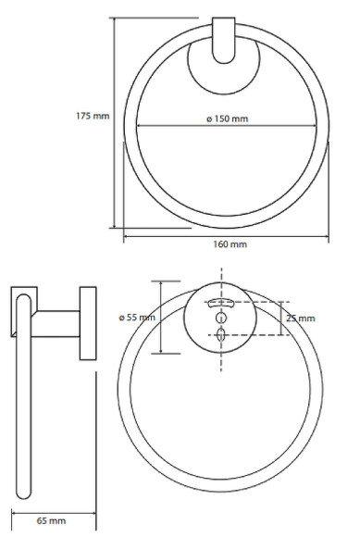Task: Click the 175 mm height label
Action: tap(92, 116)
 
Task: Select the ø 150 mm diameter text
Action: tap(226, 119)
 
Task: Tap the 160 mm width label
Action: tap(228, 244)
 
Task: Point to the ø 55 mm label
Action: tap(137, 318)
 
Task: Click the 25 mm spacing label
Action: tap(301, 318)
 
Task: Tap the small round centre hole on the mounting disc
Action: tap(221, 319)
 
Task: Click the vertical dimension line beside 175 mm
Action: tap(116, 120)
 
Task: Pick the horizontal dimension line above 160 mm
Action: tap(228, 235)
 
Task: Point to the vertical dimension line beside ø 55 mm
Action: tap(161, 318)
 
